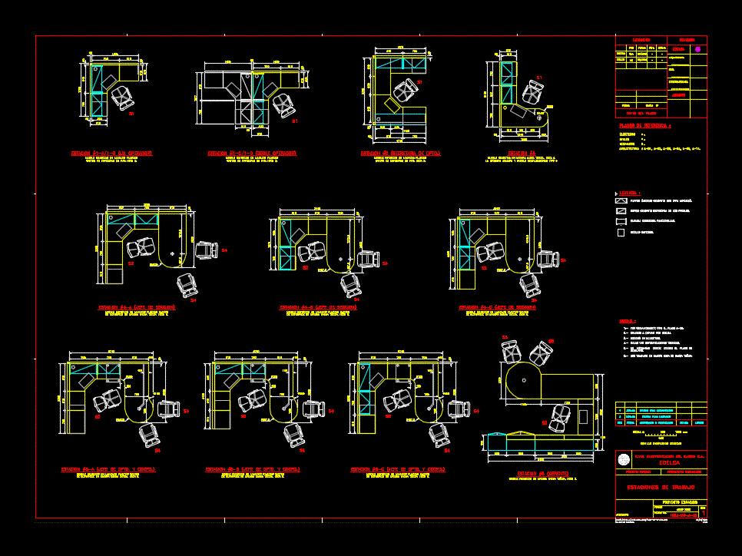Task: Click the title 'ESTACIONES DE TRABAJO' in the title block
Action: click(x=661, y=487)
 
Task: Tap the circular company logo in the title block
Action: click(x=623, y=459)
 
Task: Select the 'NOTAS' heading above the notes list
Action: click(x=628, y=321)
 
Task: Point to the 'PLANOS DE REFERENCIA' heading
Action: click(x=645, y=124)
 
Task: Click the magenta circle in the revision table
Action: click(x=697, y=49)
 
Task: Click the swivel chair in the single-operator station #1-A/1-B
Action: click(x=121, y=98)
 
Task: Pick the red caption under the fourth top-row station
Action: click(x=517, y=153)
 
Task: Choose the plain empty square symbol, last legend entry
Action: click(x=621, y=231)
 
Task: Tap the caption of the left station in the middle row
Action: click(x=137, y=307)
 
